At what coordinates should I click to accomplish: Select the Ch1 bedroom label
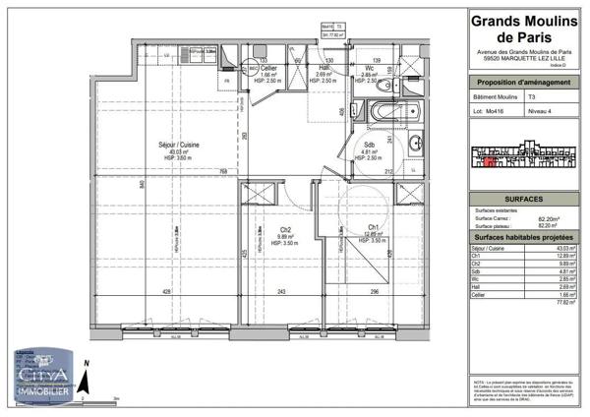[x=374, y=228]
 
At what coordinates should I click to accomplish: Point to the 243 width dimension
[x=281, y=292]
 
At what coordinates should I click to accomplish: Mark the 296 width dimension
[x=375, y=292]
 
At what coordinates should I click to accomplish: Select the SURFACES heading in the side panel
[x=501, y=194]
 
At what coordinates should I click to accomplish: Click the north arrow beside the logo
[x=87, y=377]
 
